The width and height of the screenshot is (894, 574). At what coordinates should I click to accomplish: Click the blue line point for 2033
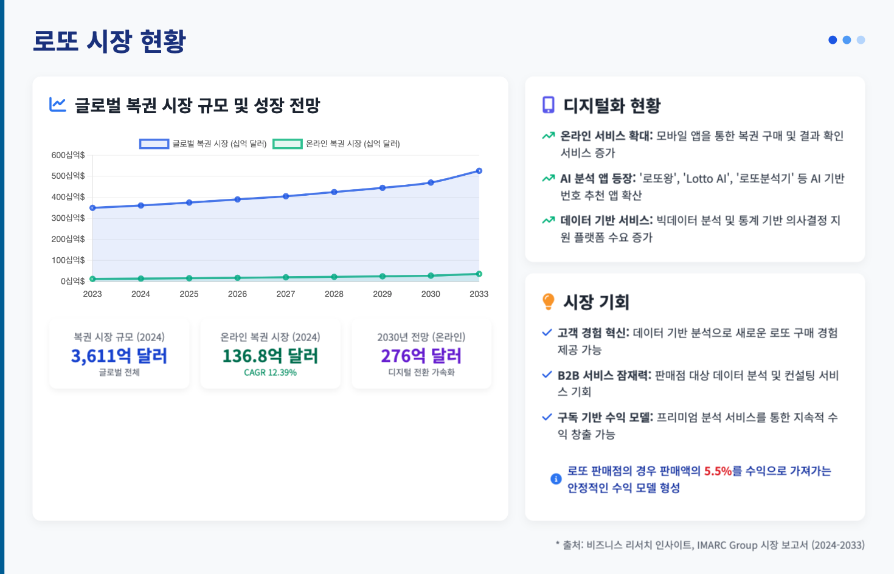[x=479, y=171]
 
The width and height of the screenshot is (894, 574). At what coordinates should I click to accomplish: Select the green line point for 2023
[x=92, y=279]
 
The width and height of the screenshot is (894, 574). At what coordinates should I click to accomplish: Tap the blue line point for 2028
[x=334, y=192]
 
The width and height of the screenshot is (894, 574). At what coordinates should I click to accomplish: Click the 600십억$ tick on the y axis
[x=68, y=155]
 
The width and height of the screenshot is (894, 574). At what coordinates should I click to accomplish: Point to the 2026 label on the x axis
[x=237, y=294]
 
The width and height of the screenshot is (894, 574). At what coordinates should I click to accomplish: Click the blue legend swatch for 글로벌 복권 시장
[x=154, y=144]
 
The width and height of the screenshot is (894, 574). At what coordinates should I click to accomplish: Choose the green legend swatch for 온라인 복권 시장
[x=287, y=144]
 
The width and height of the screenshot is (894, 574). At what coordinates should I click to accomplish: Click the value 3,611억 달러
[x=119, y=356]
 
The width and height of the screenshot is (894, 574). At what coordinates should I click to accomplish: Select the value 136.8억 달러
[x=270, y=356]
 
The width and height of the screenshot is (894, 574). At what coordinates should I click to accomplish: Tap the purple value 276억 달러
[x=421, y=356]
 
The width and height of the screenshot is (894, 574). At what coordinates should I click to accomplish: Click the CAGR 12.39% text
[x=270, y=372]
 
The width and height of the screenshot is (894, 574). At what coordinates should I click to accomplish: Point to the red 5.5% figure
[x=718, y=471]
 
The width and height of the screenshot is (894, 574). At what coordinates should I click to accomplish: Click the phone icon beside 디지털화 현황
[x=549, y=105]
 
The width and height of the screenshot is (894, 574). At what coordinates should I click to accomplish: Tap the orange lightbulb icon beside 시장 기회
[x=549, y=302]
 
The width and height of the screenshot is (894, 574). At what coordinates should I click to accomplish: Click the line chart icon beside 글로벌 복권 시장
[x=58, y=105]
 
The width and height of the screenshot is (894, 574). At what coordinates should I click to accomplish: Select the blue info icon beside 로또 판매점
[x=556, y=479]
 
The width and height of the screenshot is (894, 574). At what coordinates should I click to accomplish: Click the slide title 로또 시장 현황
[x=109, y=41]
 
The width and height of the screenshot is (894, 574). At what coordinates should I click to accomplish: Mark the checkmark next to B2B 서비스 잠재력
[x=547, y=375]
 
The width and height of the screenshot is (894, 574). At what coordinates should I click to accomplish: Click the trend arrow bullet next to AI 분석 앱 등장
[x=549, y=178]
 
